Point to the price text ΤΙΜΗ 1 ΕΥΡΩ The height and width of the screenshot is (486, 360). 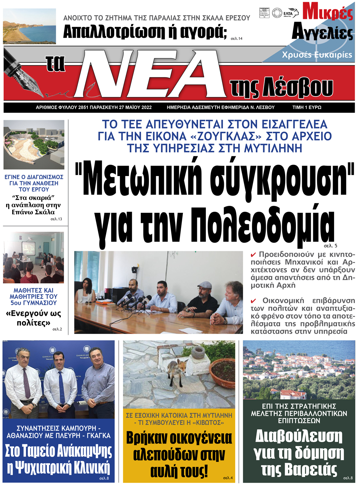pyautogui.click(x=307, y=107)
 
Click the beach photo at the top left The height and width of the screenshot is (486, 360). pyautogui.click(x=30, y=26)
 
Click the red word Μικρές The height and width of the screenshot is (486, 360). pyautogui.click(x=327, y=12)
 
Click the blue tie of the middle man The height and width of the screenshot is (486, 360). pyautogui.click(x=61, y=387)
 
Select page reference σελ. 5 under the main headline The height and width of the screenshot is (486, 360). pyautogui.click(x=330, y=246)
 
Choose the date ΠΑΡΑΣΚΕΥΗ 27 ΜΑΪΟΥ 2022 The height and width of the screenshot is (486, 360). pyautogui.click(x=121, y=107)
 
